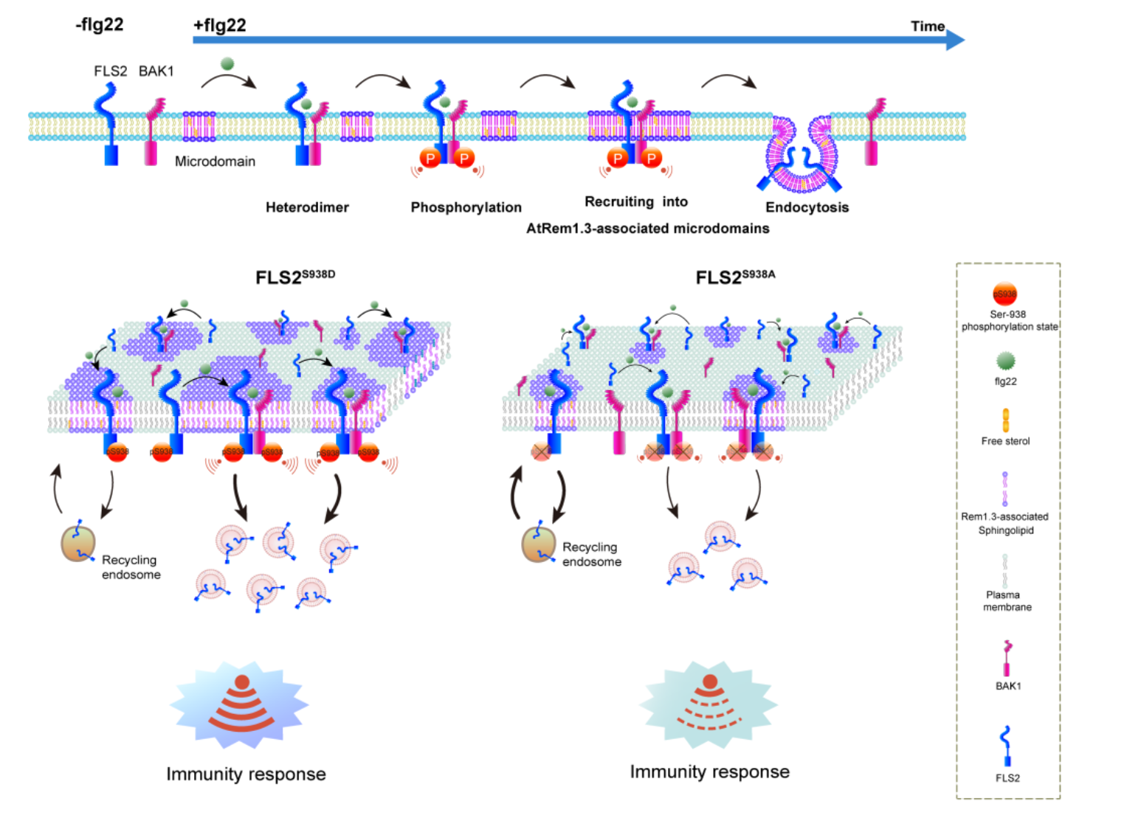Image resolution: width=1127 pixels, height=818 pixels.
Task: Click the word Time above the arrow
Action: [927, 27]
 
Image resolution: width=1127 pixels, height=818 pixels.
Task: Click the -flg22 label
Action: [100, 25]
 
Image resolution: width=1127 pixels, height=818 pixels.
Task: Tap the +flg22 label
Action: [219, 26]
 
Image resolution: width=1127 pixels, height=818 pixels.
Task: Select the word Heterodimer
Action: [307, 207]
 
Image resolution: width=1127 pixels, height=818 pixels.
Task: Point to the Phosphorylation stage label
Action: [466, 207]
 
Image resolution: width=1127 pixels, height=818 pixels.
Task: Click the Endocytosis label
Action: [807, 207]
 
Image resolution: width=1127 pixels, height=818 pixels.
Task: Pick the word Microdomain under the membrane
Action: [215, 162]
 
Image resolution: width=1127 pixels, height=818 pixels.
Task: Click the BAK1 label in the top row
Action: [156, 72]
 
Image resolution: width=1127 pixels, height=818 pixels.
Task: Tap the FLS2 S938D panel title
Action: [295, 277]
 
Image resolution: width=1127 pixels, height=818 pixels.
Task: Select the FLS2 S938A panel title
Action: [735, 277]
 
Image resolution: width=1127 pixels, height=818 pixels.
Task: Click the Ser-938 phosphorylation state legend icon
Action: [1004, 294]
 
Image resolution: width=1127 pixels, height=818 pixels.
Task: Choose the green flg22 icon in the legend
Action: [1005, 361]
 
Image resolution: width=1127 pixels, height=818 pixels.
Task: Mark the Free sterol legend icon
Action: [1005, 420]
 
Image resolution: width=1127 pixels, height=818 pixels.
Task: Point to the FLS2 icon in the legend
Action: [1006, 746]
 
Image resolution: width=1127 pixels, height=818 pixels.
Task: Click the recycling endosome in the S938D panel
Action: [78, 544]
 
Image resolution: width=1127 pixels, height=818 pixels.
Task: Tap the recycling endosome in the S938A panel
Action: [539, 544]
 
